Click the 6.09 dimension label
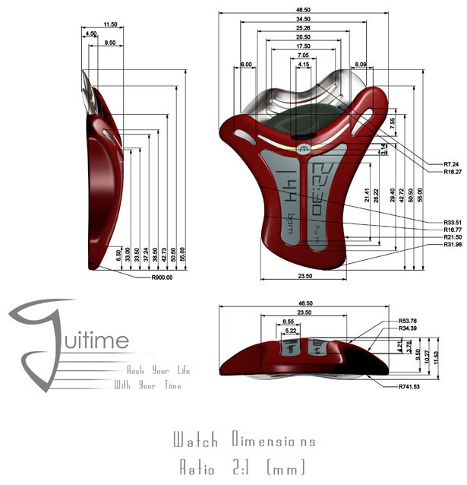tap(361, 65)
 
